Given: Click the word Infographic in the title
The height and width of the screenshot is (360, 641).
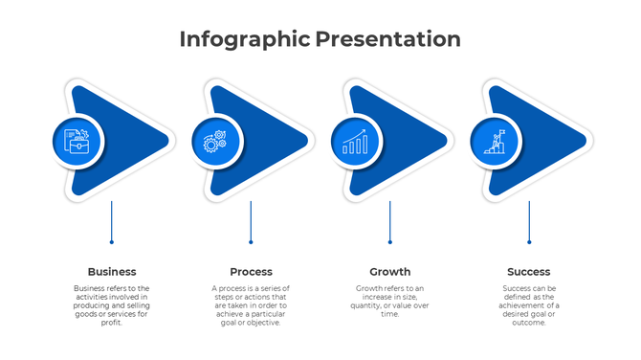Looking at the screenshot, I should (245, 39).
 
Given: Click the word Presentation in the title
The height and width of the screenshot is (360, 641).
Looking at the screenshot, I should (387, 39).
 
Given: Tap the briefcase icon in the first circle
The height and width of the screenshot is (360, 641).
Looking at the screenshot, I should (77, 142).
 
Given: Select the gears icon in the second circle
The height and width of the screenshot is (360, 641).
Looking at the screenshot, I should (215, 142).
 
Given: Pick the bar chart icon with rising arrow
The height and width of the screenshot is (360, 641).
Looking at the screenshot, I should (355, 142).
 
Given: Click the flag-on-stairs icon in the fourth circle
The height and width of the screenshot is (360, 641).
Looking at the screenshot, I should (495, 142).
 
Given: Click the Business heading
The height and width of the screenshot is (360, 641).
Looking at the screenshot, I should (112, 272).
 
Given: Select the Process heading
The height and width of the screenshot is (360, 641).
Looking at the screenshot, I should (251, 272).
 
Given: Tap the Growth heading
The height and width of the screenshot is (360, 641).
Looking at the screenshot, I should (389, 272).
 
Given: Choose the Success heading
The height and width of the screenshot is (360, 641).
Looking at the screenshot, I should (528, 272).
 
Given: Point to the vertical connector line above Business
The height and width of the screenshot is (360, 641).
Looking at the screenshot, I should (112, 222).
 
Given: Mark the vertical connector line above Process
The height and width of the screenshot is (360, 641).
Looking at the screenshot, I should (251, 222).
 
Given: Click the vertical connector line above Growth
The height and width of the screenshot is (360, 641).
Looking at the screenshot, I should (389, 222).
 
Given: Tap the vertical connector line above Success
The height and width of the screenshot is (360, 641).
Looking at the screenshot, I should (529, 222).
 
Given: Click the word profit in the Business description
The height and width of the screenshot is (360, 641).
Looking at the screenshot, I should (111, 323).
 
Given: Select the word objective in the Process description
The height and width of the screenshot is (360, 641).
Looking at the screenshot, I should (264, 323).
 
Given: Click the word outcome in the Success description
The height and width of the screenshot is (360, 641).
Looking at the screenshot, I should (528, 323).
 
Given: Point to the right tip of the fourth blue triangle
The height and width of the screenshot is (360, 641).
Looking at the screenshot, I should (583, 142).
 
